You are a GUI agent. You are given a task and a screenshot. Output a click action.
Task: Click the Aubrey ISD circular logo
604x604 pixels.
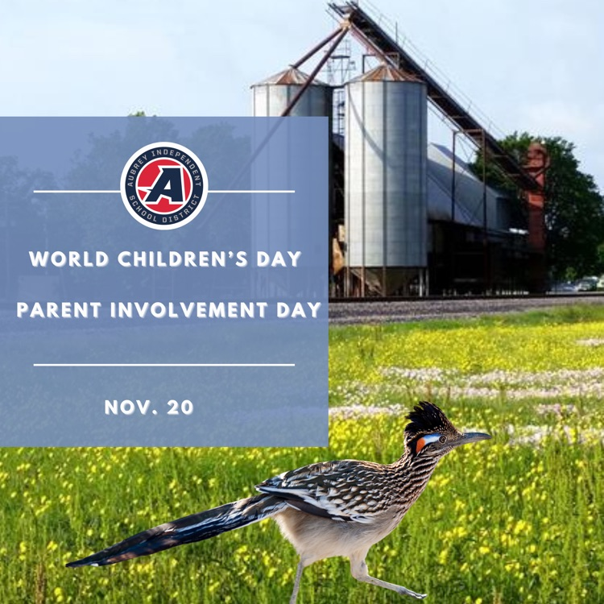[x=164, y=185]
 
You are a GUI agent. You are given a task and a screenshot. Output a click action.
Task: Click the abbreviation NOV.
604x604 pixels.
[x=125, y=407]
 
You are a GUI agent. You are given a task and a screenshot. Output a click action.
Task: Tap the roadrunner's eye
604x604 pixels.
[x=442, y=439]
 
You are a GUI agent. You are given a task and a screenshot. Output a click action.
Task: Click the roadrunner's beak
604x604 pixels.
[x=473, y=438]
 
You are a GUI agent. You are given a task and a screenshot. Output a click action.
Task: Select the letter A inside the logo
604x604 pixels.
[x=163, y=186]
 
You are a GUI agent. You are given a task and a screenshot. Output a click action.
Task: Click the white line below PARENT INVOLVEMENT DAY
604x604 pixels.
[x=164, y=365]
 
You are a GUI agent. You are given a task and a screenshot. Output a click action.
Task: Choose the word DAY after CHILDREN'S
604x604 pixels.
[x=279, y=259]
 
